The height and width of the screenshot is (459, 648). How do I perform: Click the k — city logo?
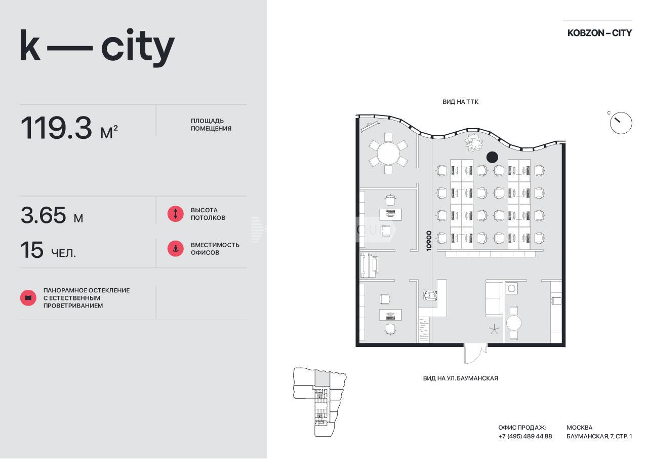(x=97, y=48)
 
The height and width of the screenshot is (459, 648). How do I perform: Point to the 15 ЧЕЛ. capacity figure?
(x=48, y=250)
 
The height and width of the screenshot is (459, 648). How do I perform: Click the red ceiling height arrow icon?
(x=175, y=214)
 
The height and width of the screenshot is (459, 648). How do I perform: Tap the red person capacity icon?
(x=175, y=249)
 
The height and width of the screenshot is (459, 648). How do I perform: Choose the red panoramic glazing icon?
(x=28, y=298)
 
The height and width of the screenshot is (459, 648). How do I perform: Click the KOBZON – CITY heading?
(x=599, y=33)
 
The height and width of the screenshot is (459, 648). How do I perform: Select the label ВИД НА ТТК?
(x=460, y=102)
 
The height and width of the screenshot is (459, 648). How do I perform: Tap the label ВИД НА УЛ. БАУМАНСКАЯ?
(x=461, y=378)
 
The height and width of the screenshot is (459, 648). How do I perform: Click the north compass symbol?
(x=621, y=123)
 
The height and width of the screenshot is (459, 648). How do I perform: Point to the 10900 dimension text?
(x=429, y=241)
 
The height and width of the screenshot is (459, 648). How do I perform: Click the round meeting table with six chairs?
(x=388, y=154)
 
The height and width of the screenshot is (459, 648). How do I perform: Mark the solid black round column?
(x=492, y=158)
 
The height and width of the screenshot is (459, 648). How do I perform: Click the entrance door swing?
(x=475, y=354)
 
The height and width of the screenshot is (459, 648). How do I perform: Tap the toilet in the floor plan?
(x=430, y=295)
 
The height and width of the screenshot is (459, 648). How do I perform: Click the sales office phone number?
(x=525, y=436)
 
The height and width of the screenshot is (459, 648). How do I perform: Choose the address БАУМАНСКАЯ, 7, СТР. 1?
(x=599, y=436)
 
